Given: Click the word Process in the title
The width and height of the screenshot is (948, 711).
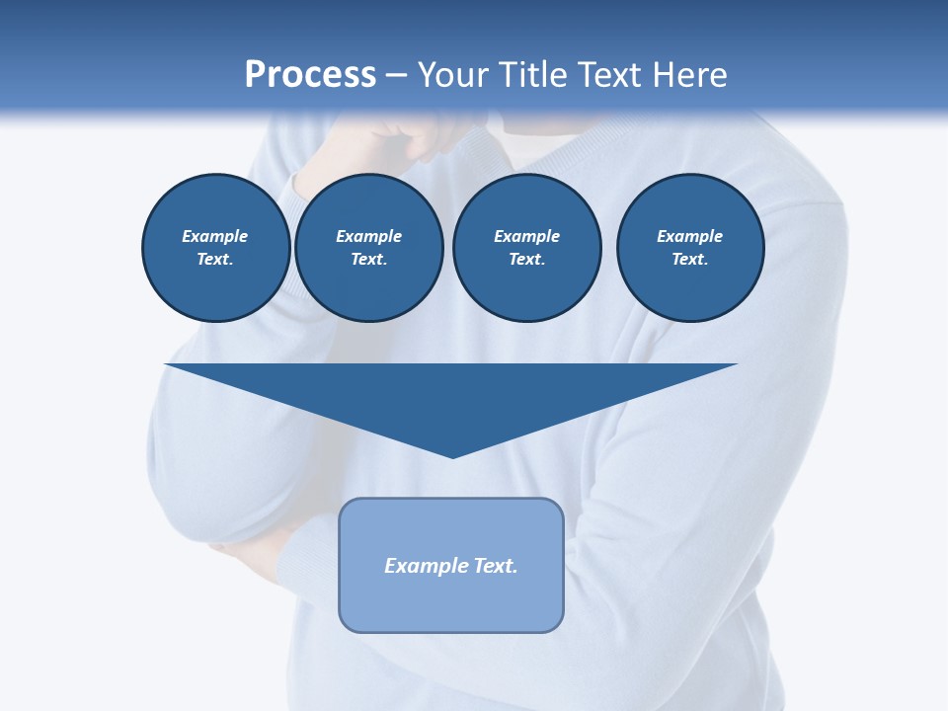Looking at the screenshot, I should [x=310, y=75].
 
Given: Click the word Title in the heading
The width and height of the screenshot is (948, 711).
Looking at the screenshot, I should [x=534, y=75].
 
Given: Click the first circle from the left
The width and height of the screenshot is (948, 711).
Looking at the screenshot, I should [x=215, y=248].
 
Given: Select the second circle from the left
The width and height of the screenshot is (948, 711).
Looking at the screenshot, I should [x=368, y=248].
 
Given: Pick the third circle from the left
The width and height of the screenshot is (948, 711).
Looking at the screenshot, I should [x=526, y=248].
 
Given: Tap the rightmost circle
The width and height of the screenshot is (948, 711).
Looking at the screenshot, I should [x=689, y=248].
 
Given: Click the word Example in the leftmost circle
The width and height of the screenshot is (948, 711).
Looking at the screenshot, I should [x=215, y=236].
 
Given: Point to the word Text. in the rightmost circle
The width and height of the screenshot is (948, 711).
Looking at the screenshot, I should [x=689, y=260].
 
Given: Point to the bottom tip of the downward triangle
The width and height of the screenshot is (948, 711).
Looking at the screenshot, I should [x=452, y=455].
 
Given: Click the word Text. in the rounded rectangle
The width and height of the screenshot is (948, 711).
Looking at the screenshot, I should [x=495, y=566].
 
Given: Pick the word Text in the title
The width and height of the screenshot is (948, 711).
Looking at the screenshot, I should [x=610, y=75].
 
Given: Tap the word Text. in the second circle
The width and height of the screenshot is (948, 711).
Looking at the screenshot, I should [x=368, y=260].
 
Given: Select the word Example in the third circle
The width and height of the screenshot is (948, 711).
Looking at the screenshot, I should [x=526, y=236].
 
